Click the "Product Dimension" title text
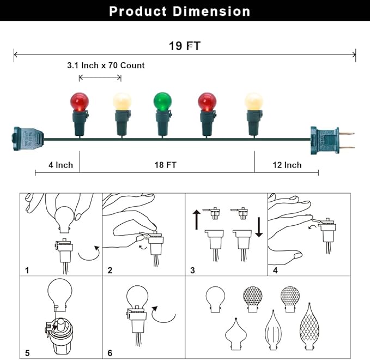[x=180, y=11]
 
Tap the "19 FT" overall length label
[x=184, y=46]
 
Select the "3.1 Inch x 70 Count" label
[x=106, y=65]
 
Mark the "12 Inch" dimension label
[x=287, y=165]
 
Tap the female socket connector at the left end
[x=27, y=140]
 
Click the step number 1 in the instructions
[x=26, y=270]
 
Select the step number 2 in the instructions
[x=110, y=270]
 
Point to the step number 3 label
[x=193, y=270]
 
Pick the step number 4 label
[x=275, y=270]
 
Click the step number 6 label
[x=110, y=353]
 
